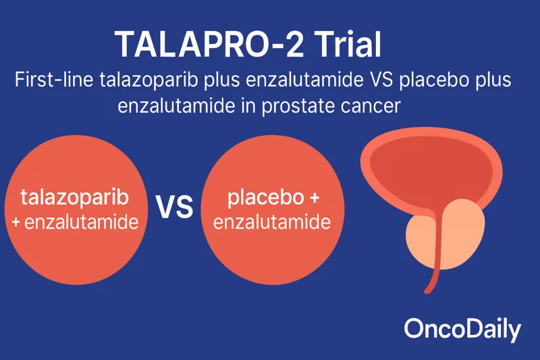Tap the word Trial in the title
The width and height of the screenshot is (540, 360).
(x=344, y=45)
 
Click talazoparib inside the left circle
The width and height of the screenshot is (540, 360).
(x=75, y=198)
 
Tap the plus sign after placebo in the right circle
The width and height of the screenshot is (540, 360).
(x=313, y=198)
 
